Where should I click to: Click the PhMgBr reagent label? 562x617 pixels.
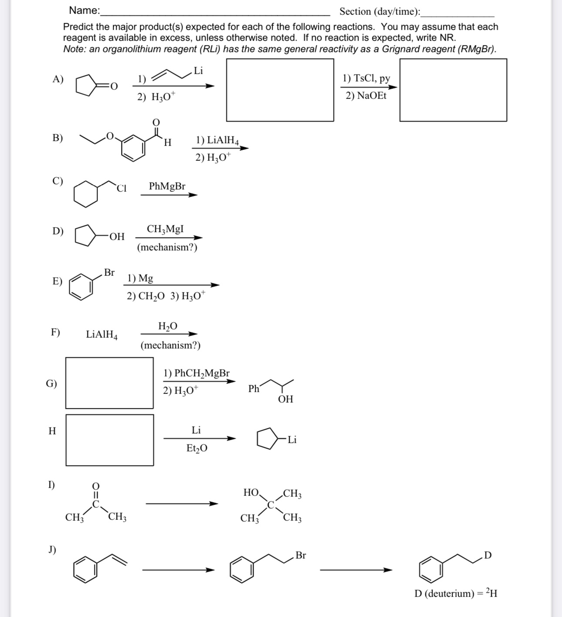point(167,186)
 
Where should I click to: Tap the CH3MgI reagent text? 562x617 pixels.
point(165,229)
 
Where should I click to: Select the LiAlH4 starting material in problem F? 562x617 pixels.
point(102,335)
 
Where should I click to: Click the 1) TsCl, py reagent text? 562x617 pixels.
point(366,78)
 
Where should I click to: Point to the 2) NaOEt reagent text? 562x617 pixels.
point(366,96)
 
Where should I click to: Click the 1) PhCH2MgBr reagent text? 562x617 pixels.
point(196,373)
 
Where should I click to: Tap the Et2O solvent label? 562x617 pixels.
point(197,448)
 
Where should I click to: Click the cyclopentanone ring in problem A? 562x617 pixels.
point(87,85)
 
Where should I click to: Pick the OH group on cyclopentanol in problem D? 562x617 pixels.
point(117,237)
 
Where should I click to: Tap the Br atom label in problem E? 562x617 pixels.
point(109,273)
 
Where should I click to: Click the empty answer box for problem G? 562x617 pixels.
point(109,383)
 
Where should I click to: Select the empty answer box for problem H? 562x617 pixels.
point(110,440)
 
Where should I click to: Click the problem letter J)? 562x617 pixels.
point(52,549)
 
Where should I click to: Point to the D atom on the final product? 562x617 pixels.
point(488,555)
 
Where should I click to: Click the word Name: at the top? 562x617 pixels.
point(85,10)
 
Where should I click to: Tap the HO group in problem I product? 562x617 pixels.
point(251,493)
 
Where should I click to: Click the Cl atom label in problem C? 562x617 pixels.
point(122,188)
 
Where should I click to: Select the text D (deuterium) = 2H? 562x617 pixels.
point(456,593)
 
